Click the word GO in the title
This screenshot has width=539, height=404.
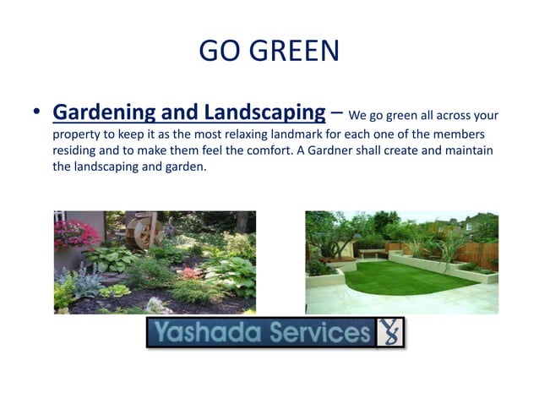219,52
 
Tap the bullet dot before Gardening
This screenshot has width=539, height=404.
36,113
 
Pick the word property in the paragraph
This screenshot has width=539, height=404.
77,135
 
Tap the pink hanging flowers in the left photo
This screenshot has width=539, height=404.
77,232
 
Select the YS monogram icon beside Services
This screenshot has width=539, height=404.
390,332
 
